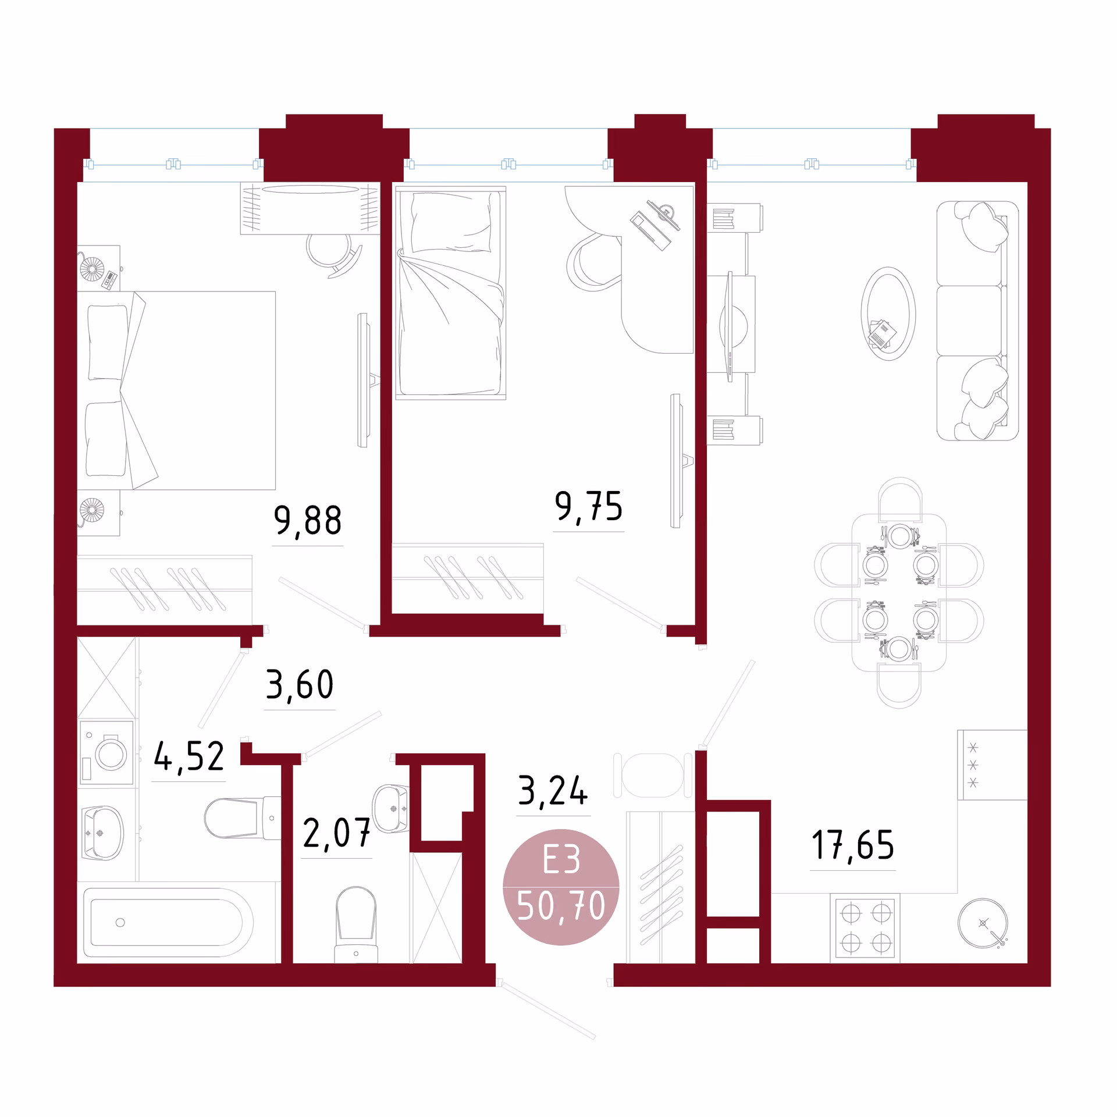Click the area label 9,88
pos(307,521)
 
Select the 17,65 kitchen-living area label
pos(852,845)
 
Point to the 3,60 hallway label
pos(300,685)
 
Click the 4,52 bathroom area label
pos(188,757)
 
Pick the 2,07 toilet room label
pos(336,834)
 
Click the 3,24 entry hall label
pos(553,791)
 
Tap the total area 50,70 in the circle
pos(561,906)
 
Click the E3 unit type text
pos(561,860)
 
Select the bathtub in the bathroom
pos(168,923)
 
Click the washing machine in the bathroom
pos(106,754)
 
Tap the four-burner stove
pos(865,929)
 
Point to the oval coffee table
pos(888,314)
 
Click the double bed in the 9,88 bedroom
pos(176,390)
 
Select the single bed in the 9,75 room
pos(451,293)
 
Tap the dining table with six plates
pos(899,592)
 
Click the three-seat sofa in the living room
pos(977,321)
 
